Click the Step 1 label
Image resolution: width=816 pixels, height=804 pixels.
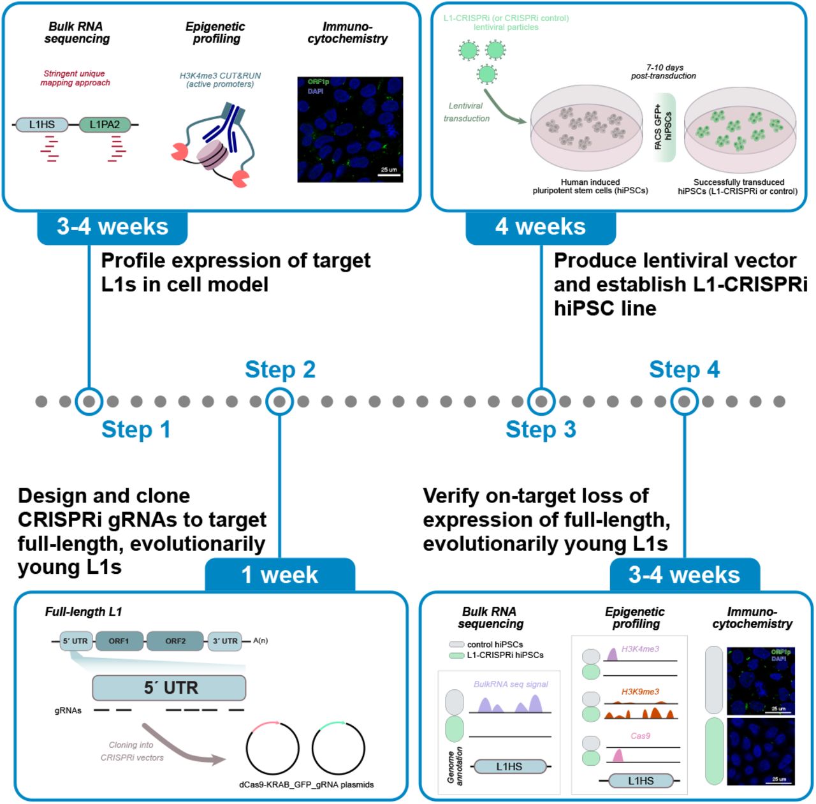[136, 430]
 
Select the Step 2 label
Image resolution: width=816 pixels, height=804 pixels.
[280, 370]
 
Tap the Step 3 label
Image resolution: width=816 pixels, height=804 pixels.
[541, 430]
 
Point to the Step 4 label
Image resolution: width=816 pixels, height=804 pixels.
[684, 370]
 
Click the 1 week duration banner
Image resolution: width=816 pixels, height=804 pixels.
[280, 575]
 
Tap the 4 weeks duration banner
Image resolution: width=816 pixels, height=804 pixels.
[541, 227]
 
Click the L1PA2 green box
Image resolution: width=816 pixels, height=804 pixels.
[105, 125]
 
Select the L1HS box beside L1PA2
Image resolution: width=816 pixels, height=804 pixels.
[42, 125]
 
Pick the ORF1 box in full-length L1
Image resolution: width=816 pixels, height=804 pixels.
[119, 641]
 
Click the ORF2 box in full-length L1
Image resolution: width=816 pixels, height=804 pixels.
[175, 641]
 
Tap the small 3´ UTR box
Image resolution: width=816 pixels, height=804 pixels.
[225, 641]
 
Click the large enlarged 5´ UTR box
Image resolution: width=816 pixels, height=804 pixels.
[169, 688]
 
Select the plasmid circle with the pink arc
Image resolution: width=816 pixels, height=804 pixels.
[272, 749]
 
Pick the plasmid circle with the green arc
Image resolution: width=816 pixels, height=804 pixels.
[339, 749]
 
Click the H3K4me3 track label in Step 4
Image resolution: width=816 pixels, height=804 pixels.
[640, 649]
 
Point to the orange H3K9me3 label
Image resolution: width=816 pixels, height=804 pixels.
[640, 692]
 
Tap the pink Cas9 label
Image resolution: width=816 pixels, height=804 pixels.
[640, 736]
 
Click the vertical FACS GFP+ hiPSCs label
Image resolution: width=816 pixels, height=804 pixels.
[663, 127]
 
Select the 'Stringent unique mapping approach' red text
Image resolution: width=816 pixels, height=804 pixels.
[75, 78]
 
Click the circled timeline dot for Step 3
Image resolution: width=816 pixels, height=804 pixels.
[541, 402]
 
